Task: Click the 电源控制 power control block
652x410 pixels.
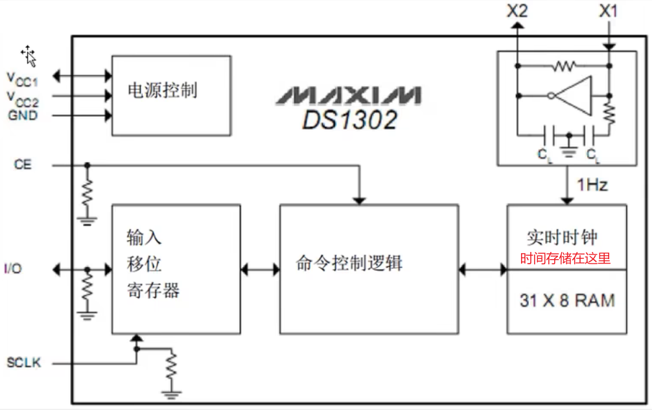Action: (171, 95)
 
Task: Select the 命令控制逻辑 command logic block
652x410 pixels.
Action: (369, 268)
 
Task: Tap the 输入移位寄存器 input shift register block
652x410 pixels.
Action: (176, 269)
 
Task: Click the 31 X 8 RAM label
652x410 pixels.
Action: (566, 301)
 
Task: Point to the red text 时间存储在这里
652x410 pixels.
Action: (566, 258)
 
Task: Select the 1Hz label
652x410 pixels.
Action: (592, 185)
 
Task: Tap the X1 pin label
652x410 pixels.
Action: (609, 11)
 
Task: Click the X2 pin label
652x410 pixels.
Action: (518, 11)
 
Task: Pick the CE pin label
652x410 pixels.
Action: (23, 165)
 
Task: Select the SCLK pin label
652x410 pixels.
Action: (24, 363)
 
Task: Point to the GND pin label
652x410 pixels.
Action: (23, 116)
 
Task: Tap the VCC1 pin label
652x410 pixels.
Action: (22, 78)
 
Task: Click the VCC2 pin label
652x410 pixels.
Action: (22, 98)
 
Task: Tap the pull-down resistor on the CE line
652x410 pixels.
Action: (87, 191)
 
